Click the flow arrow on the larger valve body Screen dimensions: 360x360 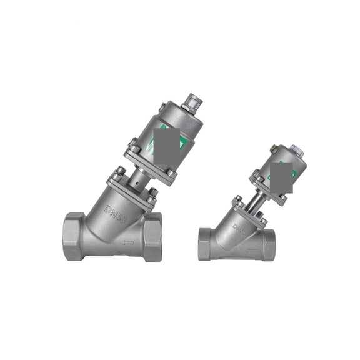pyautogui.click(x=127, y=242)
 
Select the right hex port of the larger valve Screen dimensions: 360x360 pyautogui.click(x=152, y=236)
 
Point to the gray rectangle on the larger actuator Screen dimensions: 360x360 pyautogui.click(x=166, y=139)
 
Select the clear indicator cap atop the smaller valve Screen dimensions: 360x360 pyautogui.click(x=297, y=152)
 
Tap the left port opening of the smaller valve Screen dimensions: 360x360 pyautogui.click(x=206, y=244)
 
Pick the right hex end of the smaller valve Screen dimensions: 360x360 pyautogui.click(x=267, y=244)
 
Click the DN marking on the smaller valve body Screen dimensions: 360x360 pyautogui.click(x=241, y=227)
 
